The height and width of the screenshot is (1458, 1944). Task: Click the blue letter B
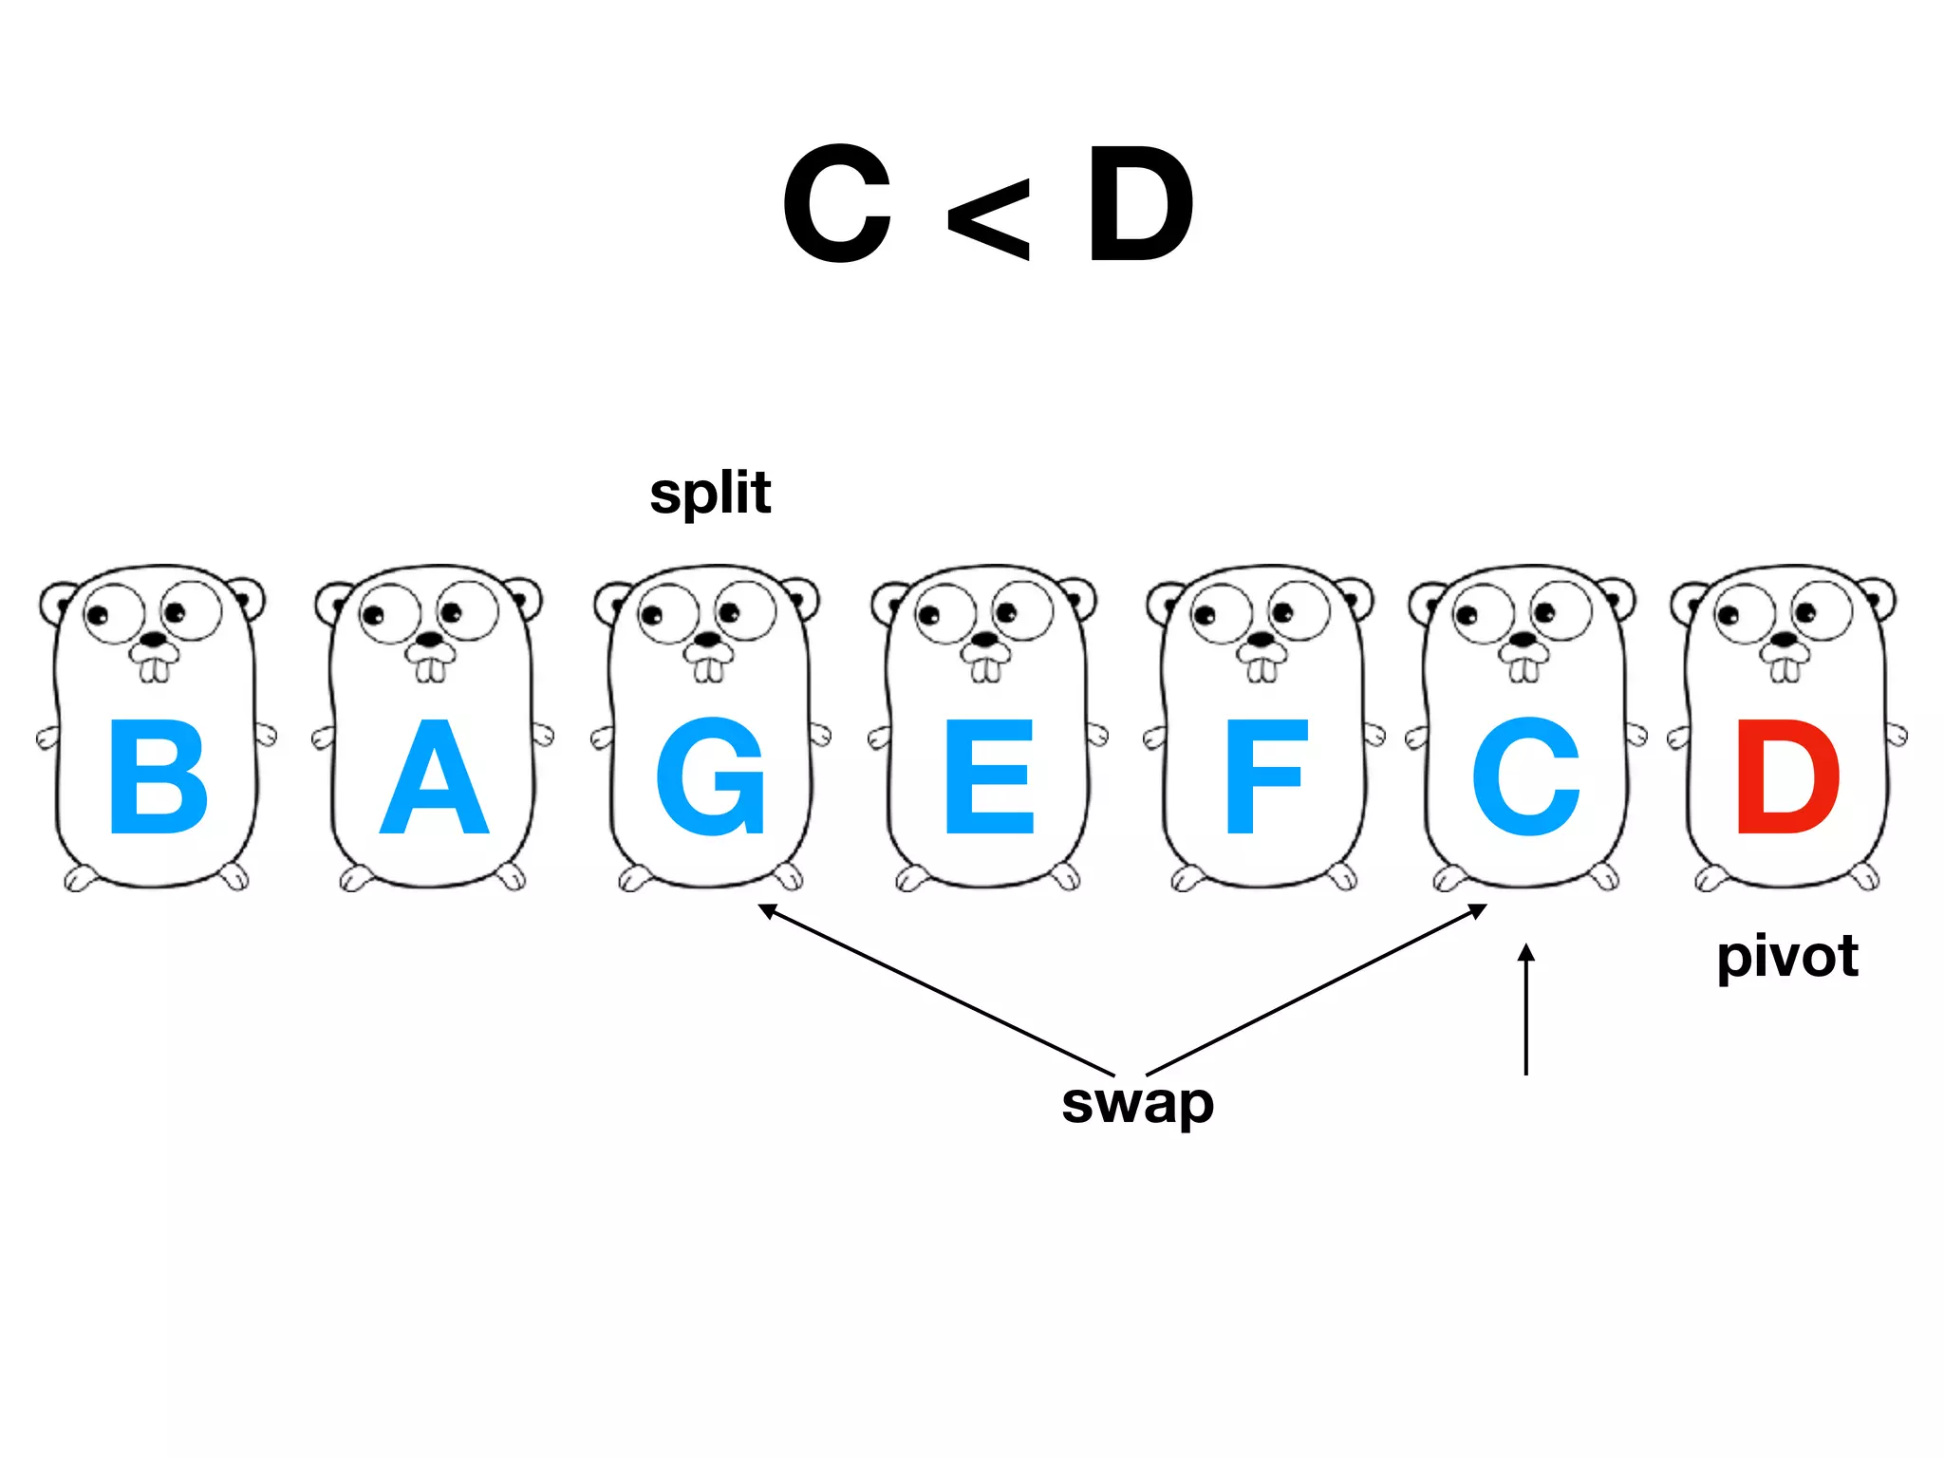click(159, 776)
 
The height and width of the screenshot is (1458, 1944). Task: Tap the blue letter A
click(434, 776)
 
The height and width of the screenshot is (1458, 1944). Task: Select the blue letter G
click(710, 776)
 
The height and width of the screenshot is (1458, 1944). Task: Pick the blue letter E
click(988, 776)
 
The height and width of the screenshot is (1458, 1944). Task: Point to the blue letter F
click(1265, 776)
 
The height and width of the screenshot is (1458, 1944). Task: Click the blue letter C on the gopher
click(1525, 776)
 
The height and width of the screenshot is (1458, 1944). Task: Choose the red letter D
click(1787, 776)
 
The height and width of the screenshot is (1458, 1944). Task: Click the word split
click(710, 494)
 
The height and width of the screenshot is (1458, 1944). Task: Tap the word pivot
click(1786, 957)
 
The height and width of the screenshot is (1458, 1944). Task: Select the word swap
click(1137, 1103)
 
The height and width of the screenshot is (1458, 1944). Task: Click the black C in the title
click(837, 204)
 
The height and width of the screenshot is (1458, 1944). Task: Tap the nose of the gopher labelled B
click(154, 641)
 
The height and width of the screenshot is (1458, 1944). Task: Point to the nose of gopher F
click(1261, 640)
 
